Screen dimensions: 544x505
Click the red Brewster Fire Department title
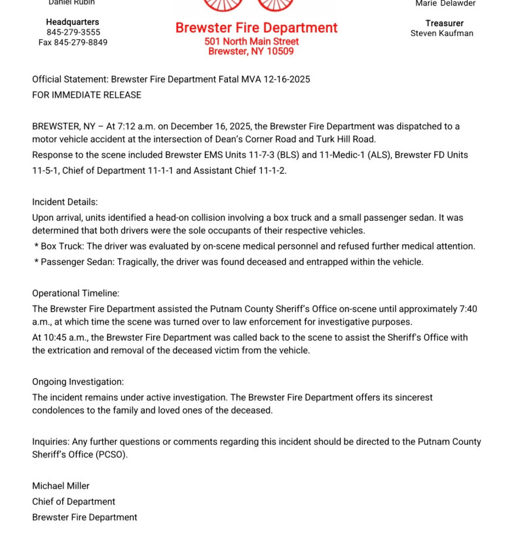[256, 28]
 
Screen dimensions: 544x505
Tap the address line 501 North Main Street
[252, 41]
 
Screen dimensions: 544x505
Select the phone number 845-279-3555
[73, 32]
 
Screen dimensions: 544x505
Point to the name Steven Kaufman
[441, 33]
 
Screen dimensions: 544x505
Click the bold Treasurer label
[444, 23]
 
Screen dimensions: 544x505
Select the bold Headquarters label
[73, 22]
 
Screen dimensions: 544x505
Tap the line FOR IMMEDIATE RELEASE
[86, 95]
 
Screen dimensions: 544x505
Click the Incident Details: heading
[65, 202]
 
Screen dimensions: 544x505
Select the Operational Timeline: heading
[75, 293]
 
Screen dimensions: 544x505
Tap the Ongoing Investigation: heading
[77, 381]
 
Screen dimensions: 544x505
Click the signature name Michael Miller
[60, 486]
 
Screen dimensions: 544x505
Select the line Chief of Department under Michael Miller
[73, 501]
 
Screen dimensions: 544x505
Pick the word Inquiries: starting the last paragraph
[50, 442]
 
